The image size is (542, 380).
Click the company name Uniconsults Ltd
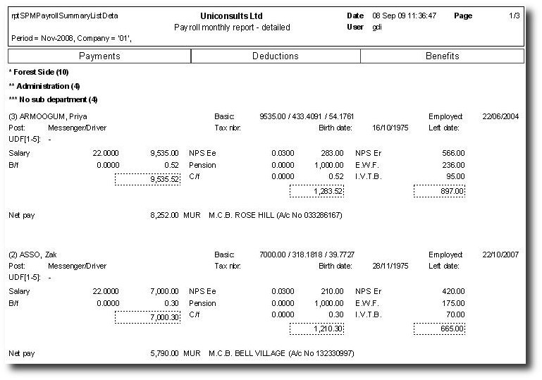(231, 16)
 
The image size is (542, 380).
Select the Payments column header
(99, 56)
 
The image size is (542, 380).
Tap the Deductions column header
(276, 56)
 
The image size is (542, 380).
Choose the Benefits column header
(442, 56)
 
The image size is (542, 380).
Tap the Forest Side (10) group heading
(41, 72)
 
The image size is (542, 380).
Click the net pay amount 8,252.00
(165, 214)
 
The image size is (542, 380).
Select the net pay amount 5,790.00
(165, 352)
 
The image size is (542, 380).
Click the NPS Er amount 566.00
(452, 152)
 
